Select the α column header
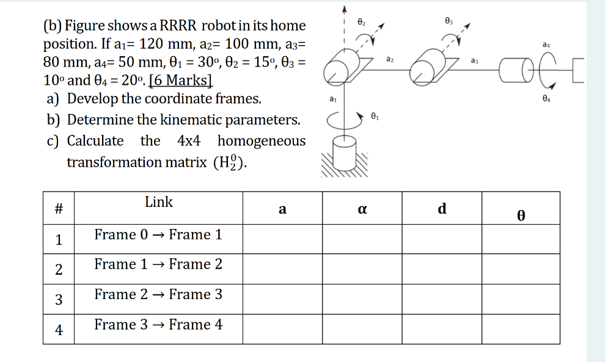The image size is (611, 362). click(x=362, y=209)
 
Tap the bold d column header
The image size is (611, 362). click(x=442, y=209)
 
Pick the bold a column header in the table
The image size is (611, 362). click(x=282, y=209)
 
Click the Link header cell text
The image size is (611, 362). click(x=159, y=202)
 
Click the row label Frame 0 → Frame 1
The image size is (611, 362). click(x=158, y=234)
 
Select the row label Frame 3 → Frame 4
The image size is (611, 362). click(x=158, y=325)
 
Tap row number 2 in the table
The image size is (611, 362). click(x=59, y=269)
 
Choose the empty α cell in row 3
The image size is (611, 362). click(x=362, y=299)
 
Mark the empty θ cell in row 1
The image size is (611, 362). click(x=521, y=239)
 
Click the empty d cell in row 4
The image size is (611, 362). click(x=442, y=329)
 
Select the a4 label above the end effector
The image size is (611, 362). click(x=546, y=45)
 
